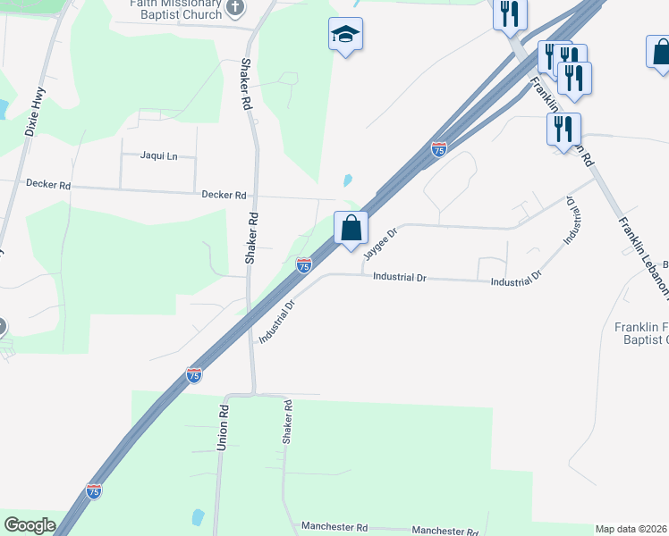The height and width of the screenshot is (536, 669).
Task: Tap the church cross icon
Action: pos(235,8)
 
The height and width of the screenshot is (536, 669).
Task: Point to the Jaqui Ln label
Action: pos(159,155)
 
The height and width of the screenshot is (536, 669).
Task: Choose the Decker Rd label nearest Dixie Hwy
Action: pos(48,185)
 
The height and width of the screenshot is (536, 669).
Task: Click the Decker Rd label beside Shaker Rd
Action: pos(224,194)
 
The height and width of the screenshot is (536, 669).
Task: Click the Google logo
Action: pos(30,525)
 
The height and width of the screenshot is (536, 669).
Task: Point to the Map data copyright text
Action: pos(631,529)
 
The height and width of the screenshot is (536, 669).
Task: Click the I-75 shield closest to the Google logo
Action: pos(94,490)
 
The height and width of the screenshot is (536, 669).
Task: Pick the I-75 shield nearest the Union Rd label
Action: pos(194,375)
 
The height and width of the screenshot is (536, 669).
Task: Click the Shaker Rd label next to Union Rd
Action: pos(288,423)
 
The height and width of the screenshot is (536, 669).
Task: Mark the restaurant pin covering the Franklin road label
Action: pos(563,129)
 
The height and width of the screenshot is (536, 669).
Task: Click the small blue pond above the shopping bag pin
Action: pos(347,180)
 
